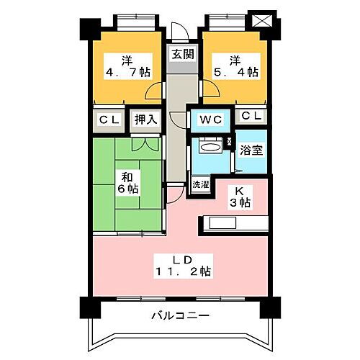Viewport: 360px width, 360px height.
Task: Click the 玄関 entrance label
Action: pyautogui.click(x=181, y=54)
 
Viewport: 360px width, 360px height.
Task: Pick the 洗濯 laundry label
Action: pyautogui.click(x=200, y=184)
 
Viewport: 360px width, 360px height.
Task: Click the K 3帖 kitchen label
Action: pyautogui.click(x=240, y=197)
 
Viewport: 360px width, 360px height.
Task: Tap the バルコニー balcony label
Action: pyautogui.click(x=180, y=316)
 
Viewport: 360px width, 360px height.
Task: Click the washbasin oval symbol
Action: pyautogui.click(x=210, y=148)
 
